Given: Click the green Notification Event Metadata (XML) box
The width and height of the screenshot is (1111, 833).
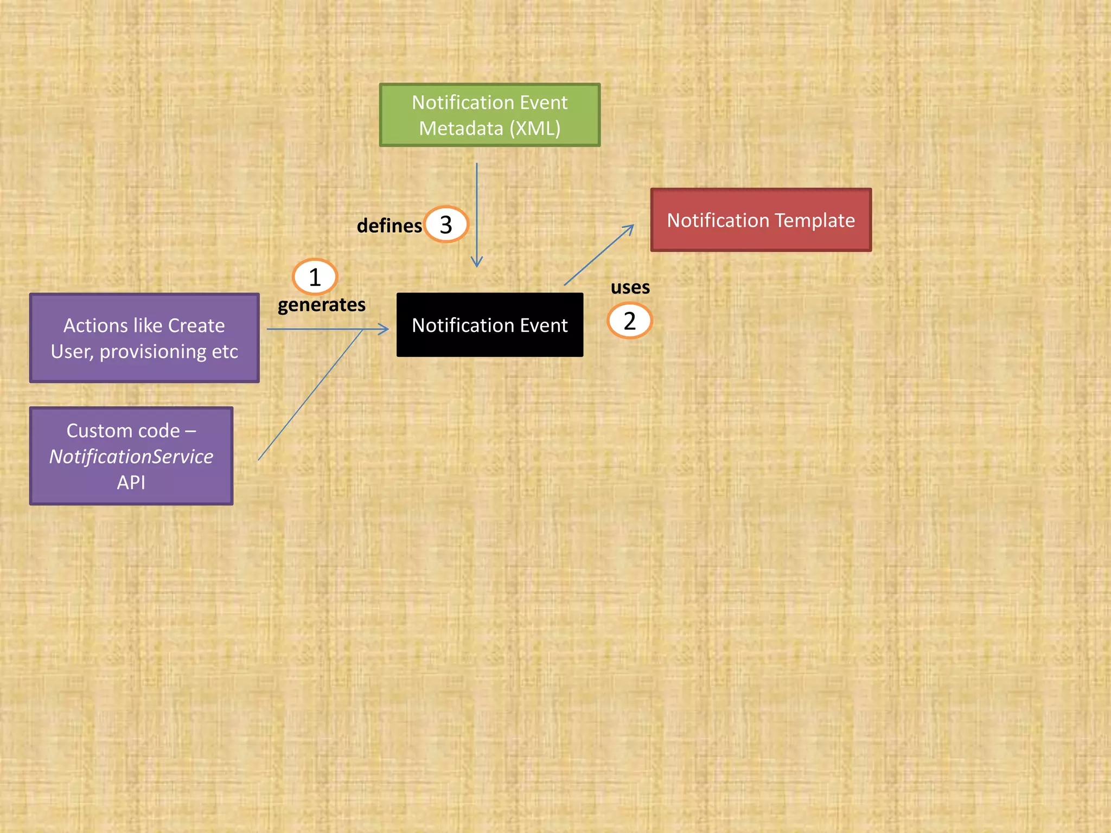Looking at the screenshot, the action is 489,115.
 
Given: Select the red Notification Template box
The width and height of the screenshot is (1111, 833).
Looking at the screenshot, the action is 761,220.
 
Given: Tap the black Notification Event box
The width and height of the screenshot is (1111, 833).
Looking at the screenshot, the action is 489,325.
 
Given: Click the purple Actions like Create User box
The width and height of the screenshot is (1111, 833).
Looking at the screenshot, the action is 144,338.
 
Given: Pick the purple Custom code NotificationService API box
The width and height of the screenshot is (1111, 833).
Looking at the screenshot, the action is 131,456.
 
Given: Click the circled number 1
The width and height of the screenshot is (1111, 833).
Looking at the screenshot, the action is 315,277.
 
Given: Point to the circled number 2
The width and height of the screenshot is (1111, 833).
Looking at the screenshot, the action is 629,321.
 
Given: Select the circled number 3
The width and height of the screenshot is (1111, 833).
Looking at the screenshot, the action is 446,225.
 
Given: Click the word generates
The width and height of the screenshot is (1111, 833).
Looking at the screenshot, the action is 321,305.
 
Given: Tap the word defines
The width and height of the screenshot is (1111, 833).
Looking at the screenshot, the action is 389,226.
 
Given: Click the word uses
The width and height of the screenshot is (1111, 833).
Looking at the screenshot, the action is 630,287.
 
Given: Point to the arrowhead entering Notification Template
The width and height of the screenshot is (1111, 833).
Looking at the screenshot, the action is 630,228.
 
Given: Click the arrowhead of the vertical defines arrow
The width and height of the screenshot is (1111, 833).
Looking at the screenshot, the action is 477,264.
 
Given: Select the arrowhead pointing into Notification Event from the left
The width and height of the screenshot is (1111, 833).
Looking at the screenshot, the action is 385,329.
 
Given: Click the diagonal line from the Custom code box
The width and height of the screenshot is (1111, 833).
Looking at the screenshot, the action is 309,396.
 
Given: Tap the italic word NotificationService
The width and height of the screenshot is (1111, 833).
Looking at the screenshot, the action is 131,457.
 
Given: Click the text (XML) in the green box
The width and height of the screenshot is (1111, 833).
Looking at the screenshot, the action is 535,129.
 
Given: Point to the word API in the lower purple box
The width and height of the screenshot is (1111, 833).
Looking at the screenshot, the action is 131,482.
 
